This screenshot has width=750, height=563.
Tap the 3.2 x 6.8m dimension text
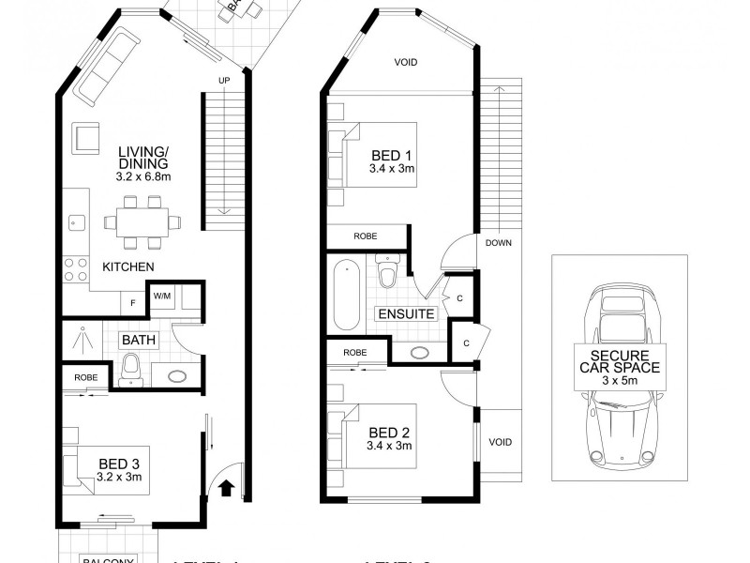[x=142, y=176]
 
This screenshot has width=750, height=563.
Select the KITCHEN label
[x=128, y=267]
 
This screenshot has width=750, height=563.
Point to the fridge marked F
[x=132, y=303]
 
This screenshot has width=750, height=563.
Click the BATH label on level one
[x=137, y=340]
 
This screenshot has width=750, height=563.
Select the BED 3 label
[x=120, y=462]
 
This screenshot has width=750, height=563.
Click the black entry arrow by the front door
[x=225, y=486]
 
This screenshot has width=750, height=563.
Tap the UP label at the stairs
[x=223, y=80]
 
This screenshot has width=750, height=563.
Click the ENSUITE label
[x=405, y=314]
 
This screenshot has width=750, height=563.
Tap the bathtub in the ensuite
[x=345, y=295]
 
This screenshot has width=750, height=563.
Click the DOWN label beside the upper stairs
[x=498, y=242]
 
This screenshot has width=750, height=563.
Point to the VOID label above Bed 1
[x=405, y=63]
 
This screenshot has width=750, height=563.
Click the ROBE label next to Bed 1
[x=367, y=236]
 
